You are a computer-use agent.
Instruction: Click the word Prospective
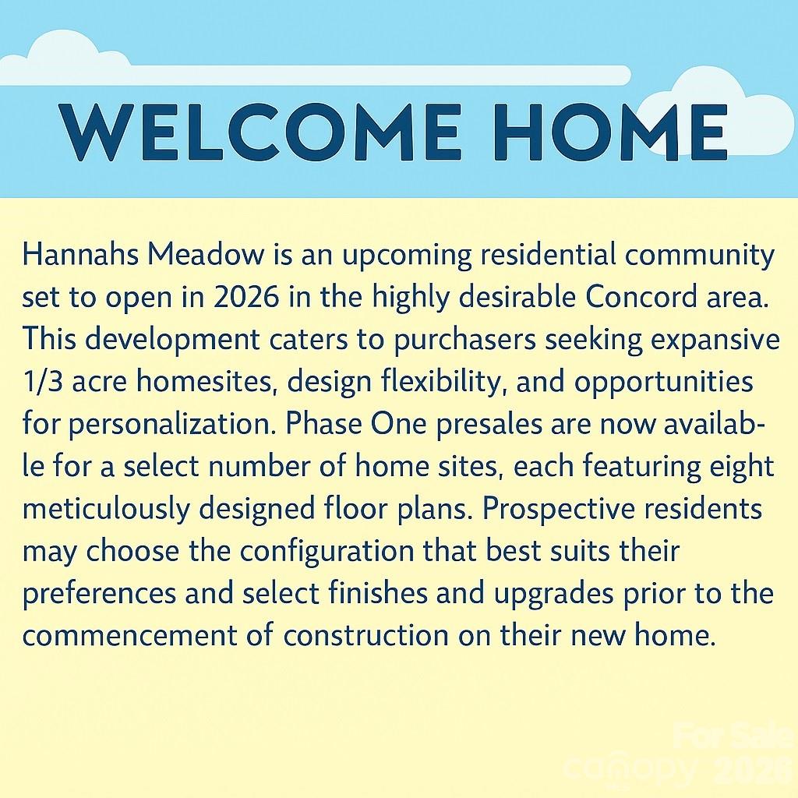tap(559, 509)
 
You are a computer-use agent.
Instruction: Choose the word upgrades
tap(554, 594)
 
